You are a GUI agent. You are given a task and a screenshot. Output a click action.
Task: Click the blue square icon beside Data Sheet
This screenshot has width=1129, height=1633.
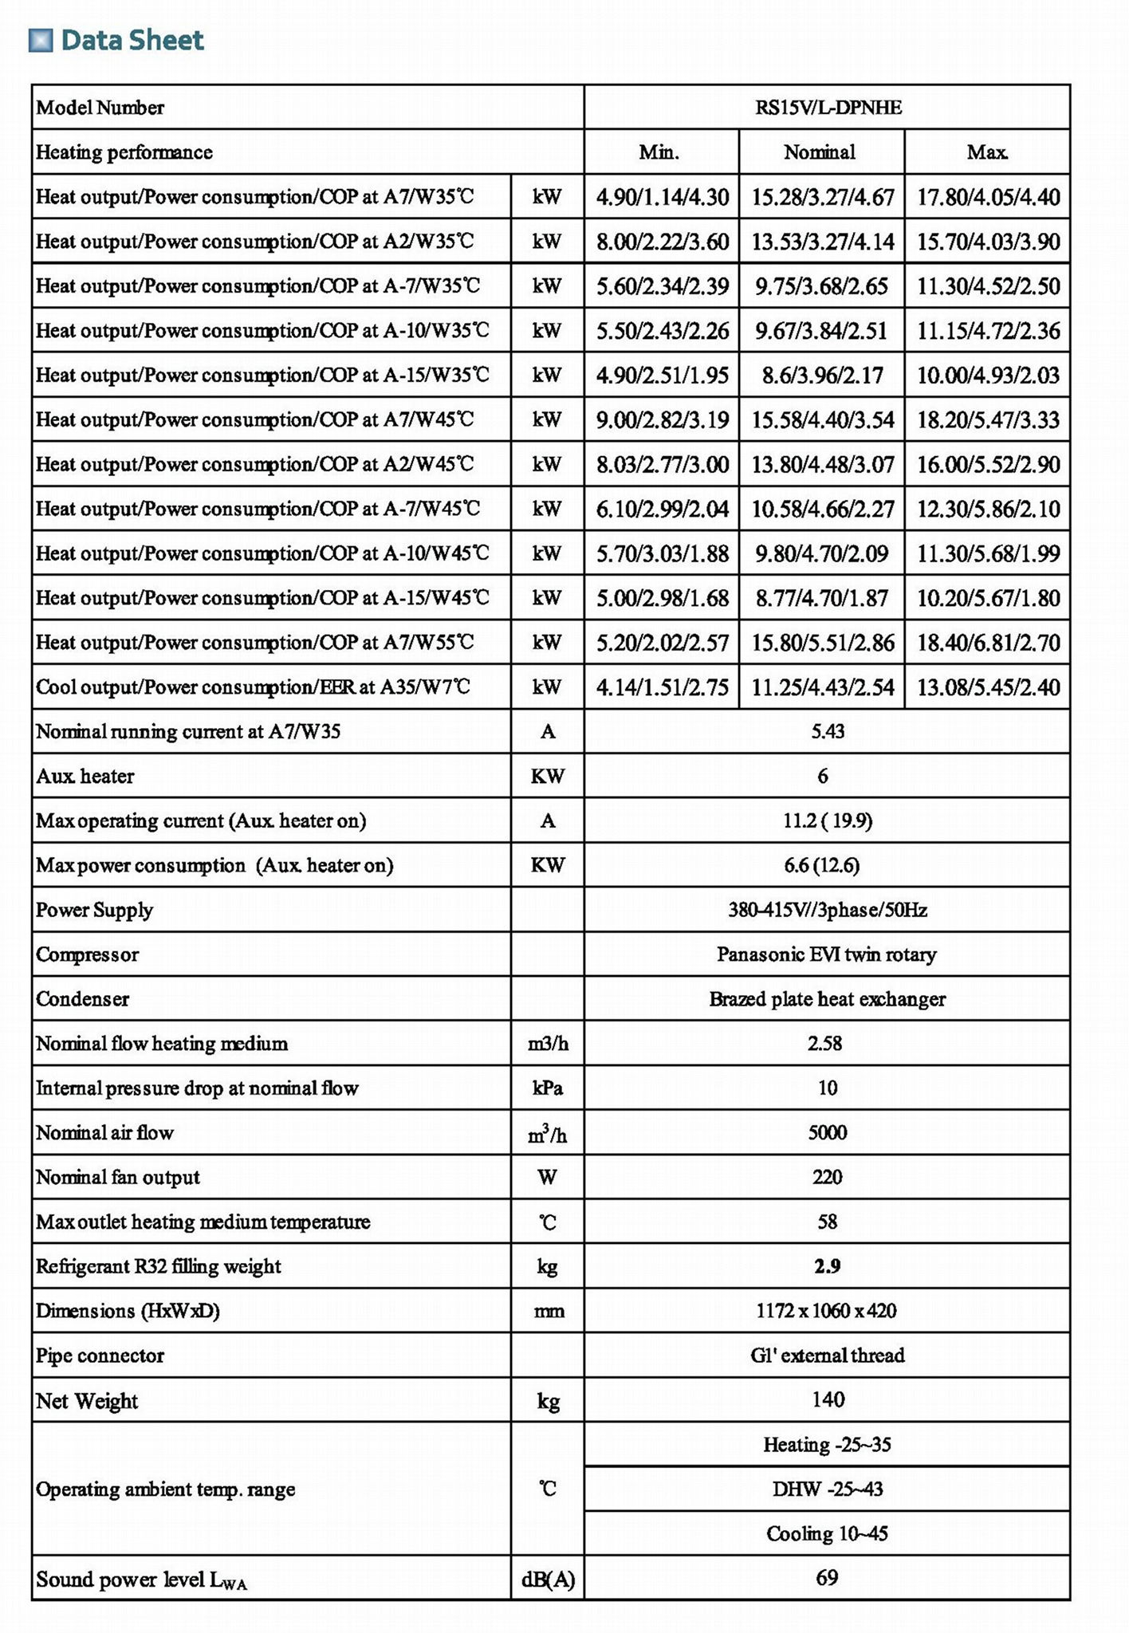click(40, 40)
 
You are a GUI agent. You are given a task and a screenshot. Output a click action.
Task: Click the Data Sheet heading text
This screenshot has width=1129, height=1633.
click(132, 40)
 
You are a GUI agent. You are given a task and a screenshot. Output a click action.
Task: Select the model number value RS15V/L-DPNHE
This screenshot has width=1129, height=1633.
click(828, 108)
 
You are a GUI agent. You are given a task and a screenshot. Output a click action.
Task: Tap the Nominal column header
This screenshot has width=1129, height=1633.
click(820, 152)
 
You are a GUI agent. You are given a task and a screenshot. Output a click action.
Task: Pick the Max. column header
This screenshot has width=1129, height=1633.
click(987, 152)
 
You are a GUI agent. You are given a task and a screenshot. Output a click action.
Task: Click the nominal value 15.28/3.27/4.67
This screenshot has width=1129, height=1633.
click(822, 197)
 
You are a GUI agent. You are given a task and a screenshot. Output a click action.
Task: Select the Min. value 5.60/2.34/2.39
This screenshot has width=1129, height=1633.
click(662, 286)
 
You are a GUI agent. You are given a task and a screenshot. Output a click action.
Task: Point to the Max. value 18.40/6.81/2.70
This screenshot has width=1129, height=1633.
click(988, 643)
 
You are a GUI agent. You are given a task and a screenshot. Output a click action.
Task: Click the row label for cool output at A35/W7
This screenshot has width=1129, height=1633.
click(253, 687)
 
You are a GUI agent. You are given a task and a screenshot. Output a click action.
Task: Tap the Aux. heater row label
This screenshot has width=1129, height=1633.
click(85, 777)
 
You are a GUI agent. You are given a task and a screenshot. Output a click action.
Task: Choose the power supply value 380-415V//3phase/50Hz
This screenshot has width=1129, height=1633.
click(828, 910)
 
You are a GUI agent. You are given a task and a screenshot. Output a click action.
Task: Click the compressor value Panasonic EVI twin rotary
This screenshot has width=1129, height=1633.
click(827, 954)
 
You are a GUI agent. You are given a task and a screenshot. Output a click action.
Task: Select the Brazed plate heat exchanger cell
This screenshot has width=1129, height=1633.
click(827, 999)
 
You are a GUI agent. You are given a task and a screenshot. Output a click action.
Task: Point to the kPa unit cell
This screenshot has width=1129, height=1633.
click(547, 1088)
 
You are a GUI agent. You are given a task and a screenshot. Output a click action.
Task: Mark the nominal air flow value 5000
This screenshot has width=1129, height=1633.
click(828, 1133)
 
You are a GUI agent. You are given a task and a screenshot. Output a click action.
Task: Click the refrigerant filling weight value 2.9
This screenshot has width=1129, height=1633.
click(828, 1266)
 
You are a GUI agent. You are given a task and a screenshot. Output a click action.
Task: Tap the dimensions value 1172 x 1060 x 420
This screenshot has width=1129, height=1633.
click(827, 1311)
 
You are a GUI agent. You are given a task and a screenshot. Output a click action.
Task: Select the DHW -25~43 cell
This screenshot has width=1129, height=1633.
click(828, 1489)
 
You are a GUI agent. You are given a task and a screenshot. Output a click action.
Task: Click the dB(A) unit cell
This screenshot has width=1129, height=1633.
click(548, 1579)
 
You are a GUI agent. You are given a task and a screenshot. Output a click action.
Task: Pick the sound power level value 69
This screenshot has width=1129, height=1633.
click(828, 1578)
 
